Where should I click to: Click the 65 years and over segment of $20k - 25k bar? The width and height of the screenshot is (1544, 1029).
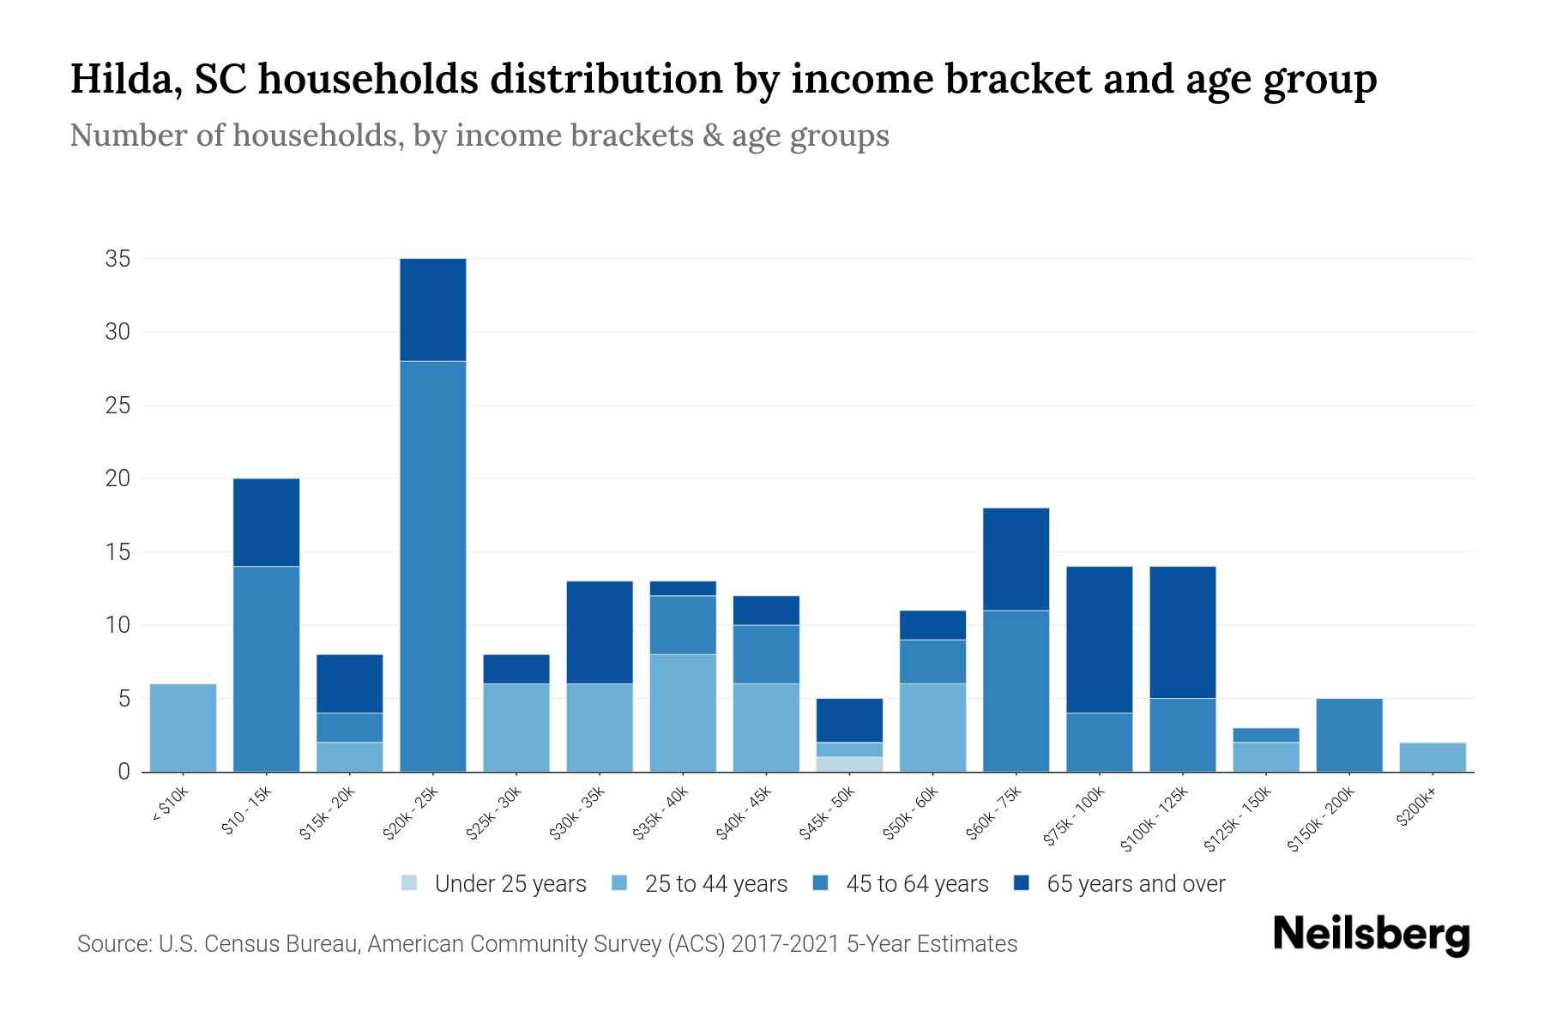click(433, 310)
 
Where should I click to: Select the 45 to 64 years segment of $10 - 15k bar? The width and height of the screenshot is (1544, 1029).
click(267, 669)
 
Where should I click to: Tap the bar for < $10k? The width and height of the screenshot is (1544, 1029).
click(183, 727)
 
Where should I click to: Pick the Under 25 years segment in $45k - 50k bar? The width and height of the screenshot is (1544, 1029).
click(849, 764)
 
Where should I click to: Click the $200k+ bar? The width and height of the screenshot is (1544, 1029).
click(1432, 757)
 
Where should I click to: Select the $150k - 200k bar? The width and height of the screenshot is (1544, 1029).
click(1349, 735)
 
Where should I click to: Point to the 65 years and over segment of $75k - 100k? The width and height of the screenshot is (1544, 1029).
click(1099, 640)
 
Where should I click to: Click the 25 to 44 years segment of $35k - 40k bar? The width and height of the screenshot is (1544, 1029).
click(683, 713)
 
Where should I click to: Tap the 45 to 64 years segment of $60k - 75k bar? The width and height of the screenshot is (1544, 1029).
click(1016, 690)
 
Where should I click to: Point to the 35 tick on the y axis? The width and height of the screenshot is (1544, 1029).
click(118, 259)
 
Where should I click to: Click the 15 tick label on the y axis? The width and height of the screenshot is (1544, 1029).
click(118, 552)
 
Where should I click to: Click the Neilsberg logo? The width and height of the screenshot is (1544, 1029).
click(1371, 935)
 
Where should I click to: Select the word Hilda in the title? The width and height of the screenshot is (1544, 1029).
click(124, 79)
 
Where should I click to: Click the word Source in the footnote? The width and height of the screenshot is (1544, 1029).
click(112, 944)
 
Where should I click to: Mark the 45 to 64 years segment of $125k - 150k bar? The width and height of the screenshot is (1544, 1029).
click(1265, 735)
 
